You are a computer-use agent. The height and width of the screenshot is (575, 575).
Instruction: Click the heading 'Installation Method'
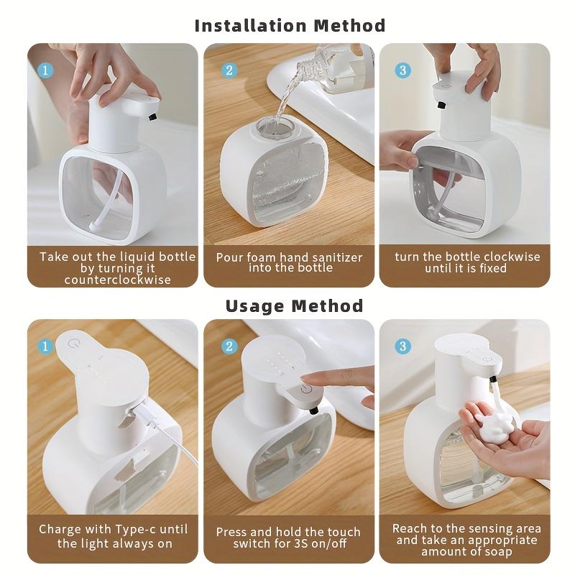pos(290,25)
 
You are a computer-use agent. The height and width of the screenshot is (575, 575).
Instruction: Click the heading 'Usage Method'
pos(294,305)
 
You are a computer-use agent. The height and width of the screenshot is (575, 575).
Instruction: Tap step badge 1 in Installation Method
pos(45,70)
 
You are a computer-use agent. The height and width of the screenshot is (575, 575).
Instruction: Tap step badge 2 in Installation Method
pos(229,70)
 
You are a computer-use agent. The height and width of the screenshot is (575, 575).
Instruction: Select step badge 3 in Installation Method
pos(403,70)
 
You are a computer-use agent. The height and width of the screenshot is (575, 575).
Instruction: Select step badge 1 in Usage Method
pos(45,346)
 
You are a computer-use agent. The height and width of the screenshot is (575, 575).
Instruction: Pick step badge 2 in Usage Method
pos(229,346)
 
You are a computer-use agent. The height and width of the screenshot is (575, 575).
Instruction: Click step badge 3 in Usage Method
pos(403,346)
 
